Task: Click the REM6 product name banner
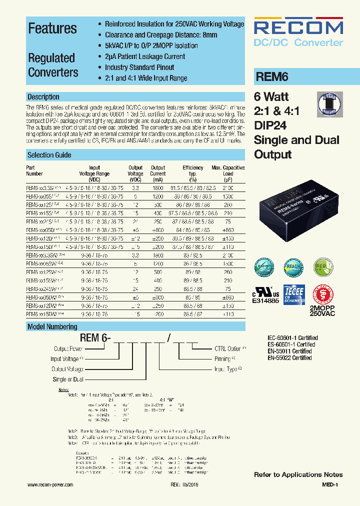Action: [x=272, y=77]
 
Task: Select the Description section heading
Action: [x=43, y=97]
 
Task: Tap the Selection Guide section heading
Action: [x=49, y=155]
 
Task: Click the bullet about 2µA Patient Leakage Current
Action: [x=145, y=56]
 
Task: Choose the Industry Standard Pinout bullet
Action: [x=139, y=67]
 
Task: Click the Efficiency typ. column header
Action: [x=193, y=173]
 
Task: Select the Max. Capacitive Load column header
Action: [x=228, y=173]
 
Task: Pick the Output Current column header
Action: [x=158, y=173]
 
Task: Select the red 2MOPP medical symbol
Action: [x=322, y=295]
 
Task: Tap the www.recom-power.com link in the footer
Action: [x=50, y=485]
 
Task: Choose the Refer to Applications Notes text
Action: [x=298, y=474]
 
